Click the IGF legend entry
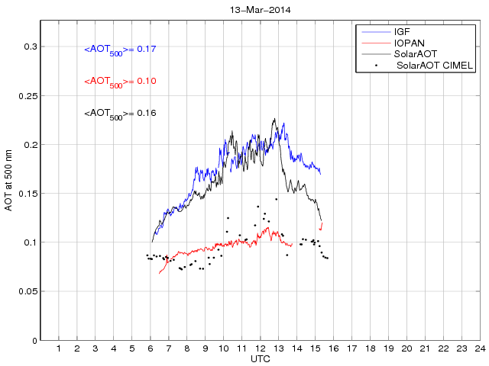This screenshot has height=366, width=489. click(x=402, y=32)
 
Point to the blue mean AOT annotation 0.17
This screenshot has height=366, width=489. click(x=120, y=50)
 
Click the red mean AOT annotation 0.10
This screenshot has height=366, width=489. click(x=120, y=82)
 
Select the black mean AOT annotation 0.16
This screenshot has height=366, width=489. click(x=120, y=114)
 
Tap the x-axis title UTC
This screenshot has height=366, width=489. click(x=260, y=358)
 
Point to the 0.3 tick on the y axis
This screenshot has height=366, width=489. click(x=30, y=47)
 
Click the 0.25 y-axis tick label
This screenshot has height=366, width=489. click(x=28, y=96)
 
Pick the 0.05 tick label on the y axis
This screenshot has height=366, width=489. click(x=28, y=291)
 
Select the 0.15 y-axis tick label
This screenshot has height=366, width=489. click(x=28, y=194)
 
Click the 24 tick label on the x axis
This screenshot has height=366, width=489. click(x=479, y=349)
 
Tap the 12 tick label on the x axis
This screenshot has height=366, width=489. click(x=260, y=349)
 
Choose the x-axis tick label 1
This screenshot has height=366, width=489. click(x=59, y=349)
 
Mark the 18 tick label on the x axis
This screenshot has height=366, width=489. click(x=370, y=349)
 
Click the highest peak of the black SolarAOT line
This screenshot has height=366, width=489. click(x=274, y=119)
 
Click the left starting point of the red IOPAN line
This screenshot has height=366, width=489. click(x=159, y=273)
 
